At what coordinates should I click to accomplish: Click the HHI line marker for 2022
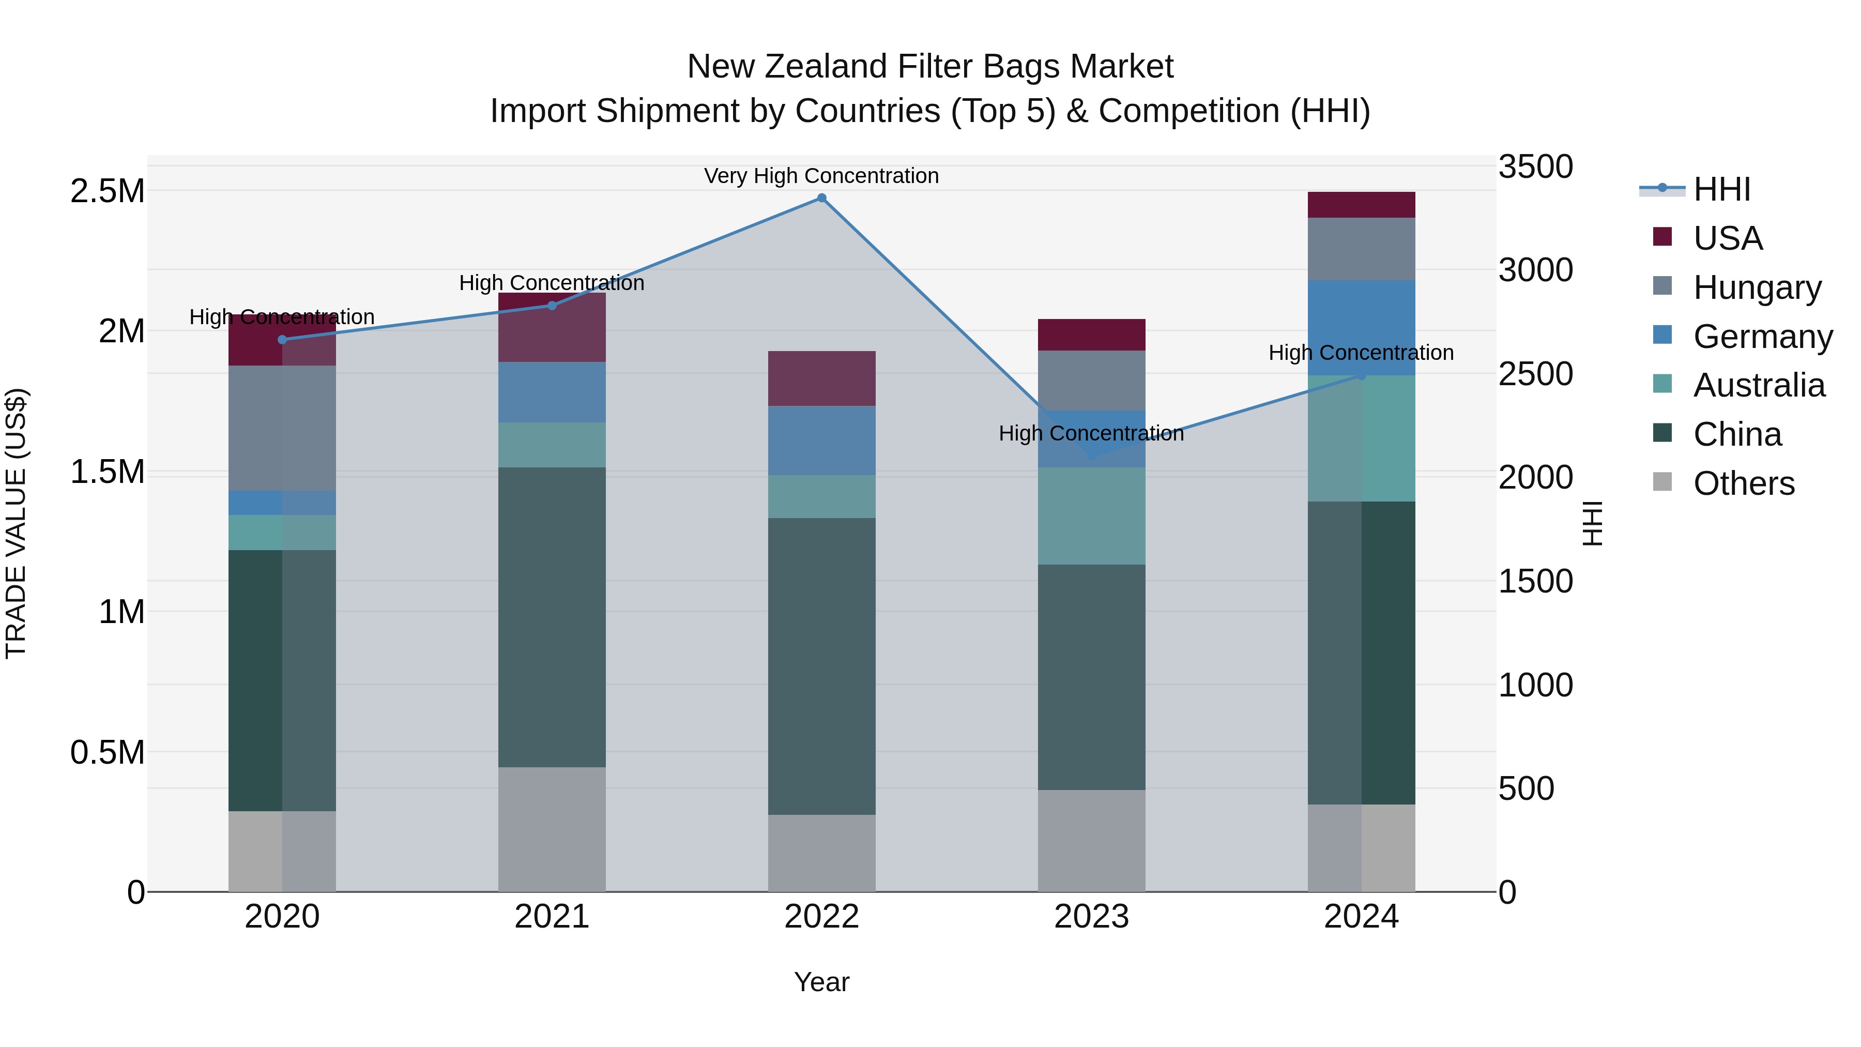821,198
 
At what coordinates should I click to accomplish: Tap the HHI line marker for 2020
282,340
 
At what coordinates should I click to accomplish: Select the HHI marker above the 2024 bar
1361,375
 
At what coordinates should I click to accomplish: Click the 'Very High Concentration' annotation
821,176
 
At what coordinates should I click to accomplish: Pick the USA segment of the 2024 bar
1361,205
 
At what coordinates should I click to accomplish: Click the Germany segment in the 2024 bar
1361,327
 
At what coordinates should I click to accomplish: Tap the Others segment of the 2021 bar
552,829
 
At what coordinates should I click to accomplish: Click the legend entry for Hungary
1757,287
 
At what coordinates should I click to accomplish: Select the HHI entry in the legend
1721,189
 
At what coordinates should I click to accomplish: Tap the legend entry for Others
1743,483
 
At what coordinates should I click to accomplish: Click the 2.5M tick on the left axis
107,191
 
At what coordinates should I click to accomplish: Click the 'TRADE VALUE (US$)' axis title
16,523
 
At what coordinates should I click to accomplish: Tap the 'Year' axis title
821,982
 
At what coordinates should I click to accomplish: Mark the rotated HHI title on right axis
1592,523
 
